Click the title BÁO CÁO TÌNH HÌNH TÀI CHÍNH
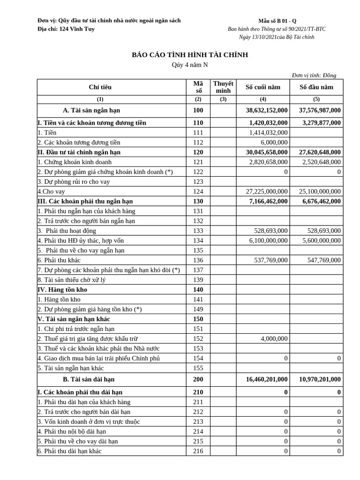(189, 55)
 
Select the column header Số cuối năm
(262, 87)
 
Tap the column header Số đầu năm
(316, 87)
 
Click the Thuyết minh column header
(223, 87)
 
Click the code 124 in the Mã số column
(198, 191)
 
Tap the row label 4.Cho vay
(51, 191)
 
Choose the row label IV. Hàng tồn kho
(62, 290)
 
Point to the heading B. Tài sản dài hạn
(89, 379)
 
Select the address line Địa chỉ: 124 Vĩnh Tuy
(66, 29)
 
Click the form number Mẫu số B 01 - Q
(277, 21)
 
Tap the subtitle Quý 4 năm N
(189, 65)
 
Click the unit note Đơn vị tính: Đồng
(314, 75)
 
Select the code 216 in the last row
(198, 451)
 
